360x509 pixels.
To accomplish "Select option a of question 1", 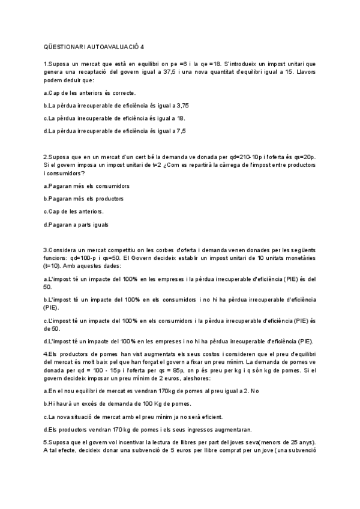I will pyautogui.click(x=90, y=93).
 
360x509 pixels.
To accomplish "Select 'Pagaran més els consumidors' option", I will pyautogui.click(x=87, y=186).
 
